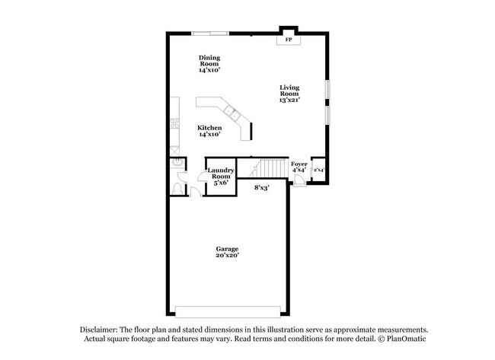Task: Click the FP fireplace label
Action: point(289,39)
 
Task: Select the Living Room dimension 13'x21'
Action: point(289,100)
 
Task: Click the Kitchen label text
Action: point(209,127)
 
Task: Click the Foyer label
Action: point(299,164)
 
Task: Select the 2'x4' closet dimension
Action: point(319,170)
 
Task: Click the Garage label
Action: point(227,249)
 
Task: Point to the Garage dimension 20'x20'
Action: point(227,256)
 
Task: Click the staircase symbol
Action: point(270,168)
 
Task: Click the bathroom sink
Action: point(176,162)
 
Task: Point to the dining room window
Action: point(209,33)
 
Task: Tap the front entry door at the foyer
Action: point(299,183)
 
